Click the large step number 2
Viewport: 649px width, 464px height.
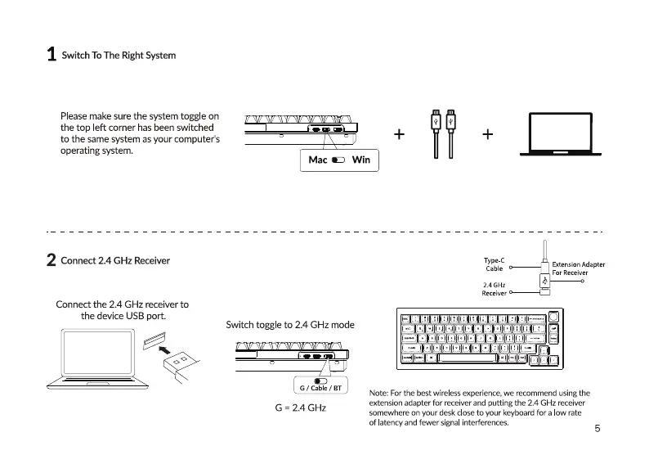click(x=51, y=261)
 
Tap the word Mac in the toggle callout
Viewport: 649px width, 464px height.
click(x=318, y=160)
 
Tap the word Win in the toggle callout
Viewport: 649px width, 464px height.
click(x=360, y=160)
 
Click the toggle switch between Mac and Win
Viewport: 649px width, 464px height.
click(x=338, y=160)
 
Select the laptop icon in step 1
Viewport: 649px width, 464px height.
click(x=561, y=133)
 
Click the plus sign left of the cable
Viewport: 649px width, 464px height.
click(x=399, y=134)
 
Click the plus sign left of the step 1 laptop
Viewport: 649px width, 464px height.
click(x=488, y=134)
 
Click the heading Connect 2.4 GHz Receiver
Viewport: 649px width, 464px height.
click(x=115, y=261)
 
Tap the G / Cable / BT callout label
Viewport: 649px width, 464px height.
click(x=320, y=387)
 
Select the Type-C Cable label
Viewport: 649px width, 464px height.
click(x=495, y=264)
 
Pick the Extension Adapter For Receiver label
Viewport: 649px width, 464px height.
click(x=578, y=268)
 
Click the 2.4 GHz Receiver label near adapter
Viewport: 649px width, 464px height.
click(x=495, y=288)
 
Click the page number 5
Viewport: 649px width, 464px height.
click(x=598, y=428)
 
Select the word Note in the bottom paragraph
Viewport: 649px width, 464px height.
click(x=380, y=394)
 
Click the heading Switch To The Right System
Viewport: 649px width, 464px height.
click(x=119, y=56)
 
